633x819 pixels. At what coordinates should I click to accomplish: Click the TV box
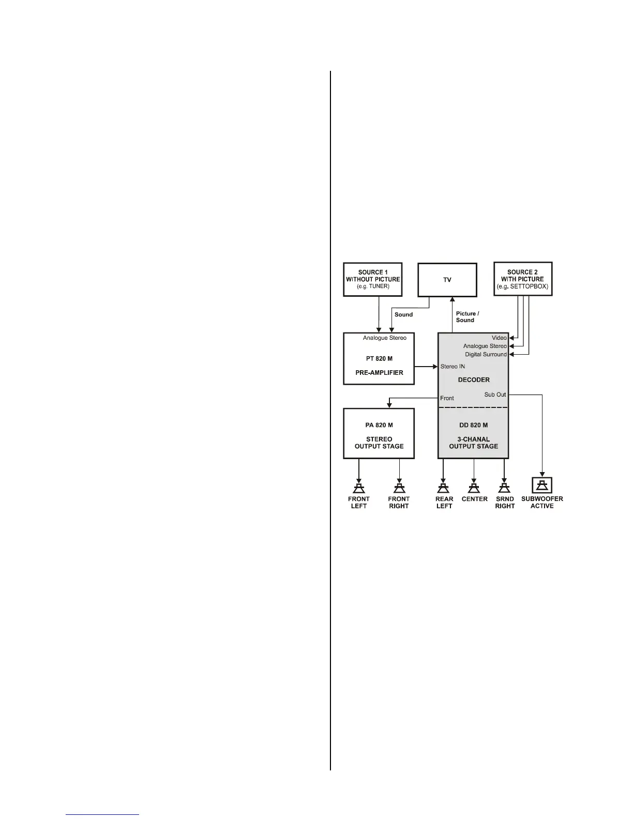(447, 280)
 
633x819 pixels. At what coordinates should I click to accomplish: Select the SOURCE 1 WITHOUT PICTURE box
(372, 279)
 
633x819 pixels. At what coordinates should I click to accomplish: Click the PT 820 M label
(379, 359)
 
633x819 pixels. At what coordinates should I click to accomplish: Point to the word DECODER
(473, 380)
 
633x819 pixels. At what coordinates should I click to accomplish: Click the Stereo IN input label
(453, 367)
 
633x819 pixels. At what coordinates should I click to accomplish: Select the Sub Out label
(495, 395)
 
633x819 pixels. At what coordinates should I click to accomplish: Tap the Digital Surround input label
(486, 355)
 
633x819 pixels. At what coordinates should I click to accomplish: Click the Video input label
(499, 338)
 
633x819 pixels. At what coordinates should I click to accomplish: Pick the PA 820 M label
(379, 426)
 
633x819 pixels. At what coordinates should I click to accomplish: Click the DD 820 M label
(473, 426)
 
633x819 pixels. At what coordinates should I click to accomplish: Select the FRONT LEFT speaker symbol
(358, 488)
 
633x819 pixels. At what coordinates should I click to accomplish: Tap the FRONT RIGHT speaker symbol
(399, 488)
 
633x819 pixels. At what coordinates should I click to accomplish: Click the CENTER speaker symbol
(474, 488)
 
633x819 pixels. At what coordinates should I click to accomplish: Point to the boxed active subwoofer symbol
(542, 485)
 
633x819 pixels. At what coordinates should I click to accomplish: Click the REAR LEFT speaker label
(444, 503)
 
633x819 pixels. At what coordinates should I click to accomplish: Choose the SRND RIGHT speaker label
(505, 503)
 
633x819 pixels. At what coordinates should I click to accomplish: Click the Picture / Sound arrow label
(467, 317)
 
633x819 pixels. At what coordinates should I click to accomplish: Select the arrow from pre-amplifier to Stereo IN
(426, 367)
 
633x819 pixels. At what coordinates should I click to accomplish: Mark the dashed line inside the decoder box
(473, 407)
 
